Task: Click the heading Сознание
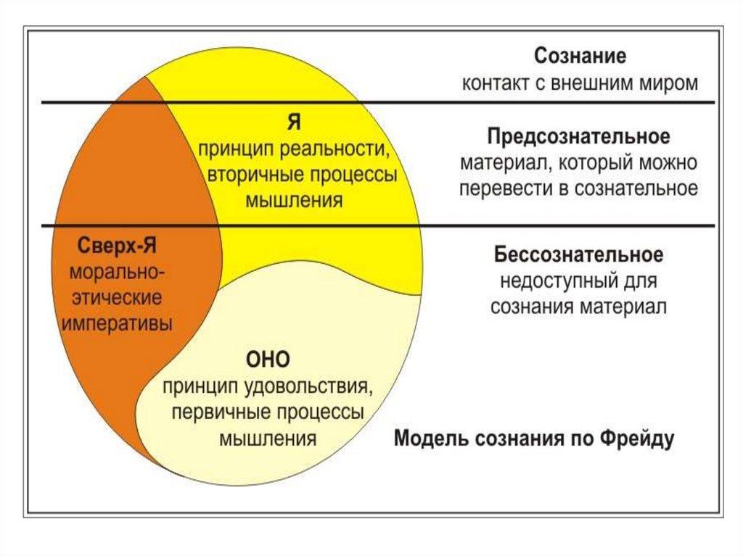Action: click(580, 57)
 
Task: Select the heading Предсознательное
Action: click(578, 136)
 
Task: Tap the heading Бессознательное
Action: click(578, 255)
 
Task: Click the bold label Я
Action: click(294, 123)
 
